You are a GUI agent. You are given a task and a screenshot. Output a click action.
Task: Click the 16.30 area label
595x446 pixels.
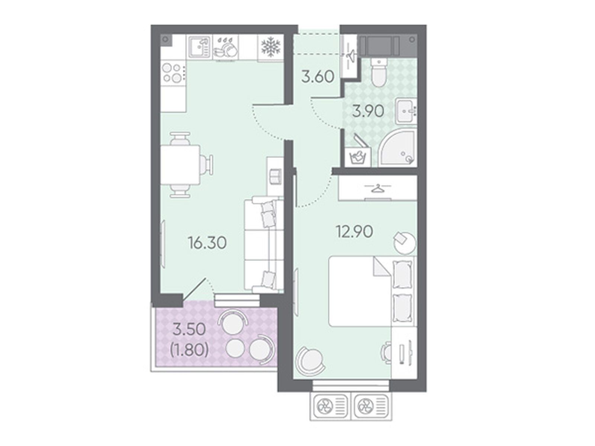[207, 243]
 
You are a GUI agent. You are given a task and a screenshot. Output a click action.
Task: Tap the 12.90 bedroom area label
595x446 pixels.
[354, 232]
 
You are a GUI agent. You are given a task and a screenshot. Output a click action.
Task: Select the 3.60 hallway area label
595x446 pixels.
[318, 77]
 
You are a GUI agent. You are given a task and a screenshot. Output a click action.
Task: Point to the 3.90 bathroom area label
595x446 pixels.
[368, 111]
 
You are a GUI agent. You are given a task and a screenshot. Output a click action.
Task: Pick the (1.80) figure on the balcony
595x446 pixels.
[189, 350]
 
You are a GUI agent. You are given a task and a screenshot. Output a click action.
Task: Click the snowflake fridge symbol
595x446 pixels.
[270, 48]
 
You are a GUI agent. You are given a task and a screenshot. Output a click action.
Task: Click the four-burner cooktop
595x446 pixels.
[174, 72]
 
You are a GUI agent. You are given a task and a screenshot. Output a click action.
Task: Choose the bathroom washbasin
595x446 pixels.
[406, 111]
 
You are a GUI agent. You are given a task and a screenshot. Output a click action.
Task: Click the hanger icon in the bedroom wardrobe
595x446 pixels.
[378, 188]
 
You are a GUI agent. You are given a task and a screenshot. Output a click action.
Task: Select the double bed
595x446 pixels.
[372, 291]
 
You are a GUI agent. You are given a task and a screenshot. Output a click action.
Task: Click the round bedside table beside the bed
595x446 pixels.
[405, 243]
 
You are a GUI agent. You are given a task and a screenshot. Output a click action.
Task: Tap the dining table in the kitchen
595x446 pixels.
[180, 165]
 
